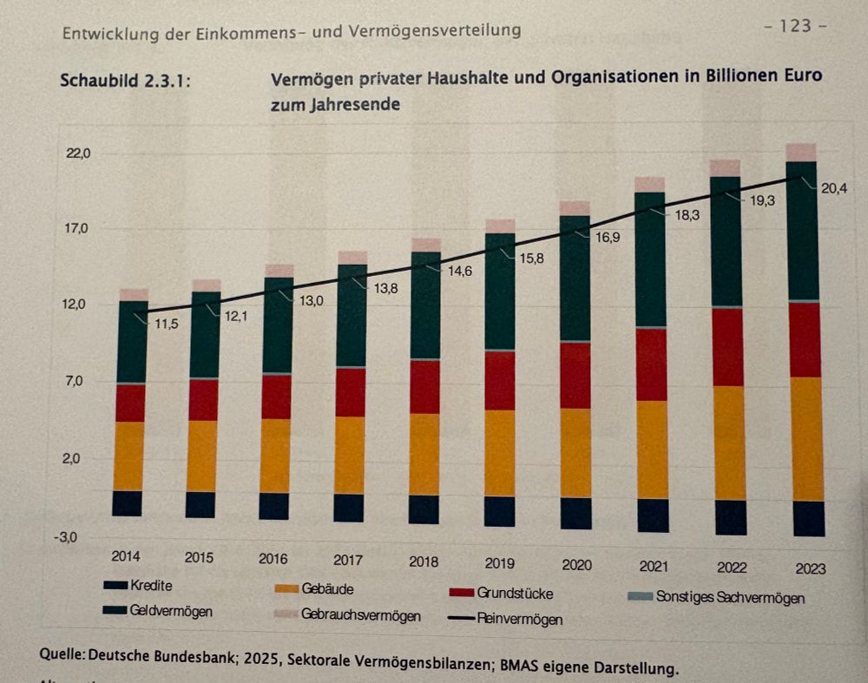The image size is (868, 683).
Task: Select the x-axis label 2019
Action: (499, 563)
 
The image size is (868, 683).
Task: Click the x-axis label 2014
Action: (126, 555)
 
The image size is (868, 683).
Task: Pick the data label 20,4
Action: (834, 187)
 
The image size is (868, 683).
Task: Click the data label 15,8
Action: (528, 259)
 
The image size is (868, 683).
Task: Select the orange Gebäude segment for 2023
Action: (808, 439)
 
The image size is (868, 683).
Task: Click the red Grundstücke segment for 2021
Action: (651, 364)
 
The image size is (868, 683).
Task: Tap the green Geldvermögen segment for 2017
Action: (351, 316)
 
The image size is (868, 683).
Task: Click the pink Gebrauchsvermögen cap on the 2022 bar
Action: (726, 167)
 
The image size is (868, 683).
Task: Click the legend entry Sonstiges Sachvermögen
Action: (730, 597)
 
